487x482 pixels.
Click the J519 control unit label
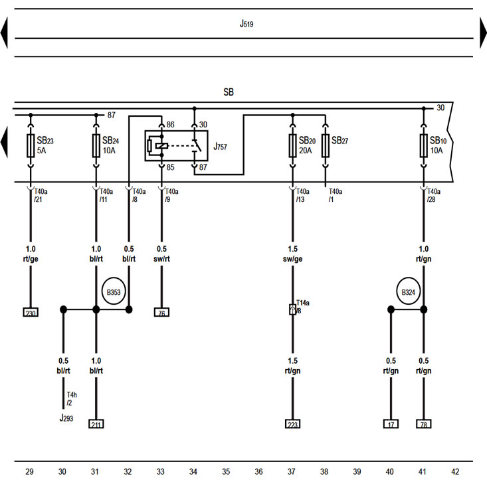point(246,24)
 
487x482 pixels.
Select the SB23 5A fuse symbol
point(31,146)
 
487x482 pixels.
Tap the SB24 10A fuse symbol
point(96,146)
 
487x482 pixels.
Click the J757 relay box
point(177,146)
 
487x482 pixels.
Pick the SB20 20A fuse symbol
point(292,146)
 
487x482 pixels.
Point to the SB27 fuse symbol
point(326,146)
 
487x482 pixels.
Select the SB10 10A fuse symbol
point(424,146)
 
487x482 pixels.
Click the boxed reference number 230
point(31,312)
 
